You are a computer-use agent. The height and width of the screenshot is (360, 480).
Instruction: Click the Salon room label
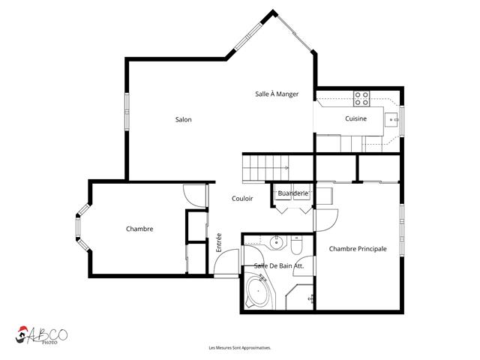pos(183,120)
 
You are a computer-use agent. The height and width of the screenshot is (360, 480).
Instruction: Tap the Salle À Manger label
pos(277,94)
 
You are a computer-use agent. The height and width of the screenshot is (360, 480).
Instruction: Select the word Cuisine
pos(355,119)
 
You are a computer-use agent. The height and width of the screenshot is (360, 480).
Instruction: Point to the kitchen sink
pos(391,118)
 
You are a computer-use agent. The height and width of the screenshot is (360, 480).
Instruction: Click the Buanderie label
pos(292,193)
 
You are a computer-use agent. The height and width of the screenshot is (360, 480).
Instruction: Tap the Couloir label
pos(242,199)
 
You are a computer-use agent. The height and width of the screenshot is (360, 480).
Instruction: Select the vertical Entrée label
pos(220,242)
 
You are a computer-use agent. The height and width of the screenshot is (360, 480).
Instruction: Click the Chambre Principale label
pos(358,249)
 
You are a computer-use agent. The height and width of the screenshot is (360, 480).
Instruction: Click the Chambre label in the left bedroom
pos(139,229)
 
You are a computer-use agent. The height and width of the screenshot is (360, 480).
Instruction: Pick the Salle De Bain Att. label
pos(278,266)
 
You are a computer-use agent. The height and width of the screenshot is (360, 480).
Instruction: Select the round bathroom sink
pos(277,241)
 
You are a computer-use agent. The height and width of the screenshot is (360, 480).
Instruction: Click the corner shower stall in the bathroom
pos(302,297)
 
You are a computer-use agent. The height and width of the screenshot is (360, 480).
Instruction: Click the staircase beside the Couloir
pos(265,166)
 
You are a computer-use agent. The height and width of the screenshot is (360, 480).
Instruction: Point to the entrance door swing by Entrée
pos(223,265)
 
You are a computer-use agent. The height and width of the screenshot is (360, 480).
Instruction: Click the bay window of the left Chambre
pos(80,230)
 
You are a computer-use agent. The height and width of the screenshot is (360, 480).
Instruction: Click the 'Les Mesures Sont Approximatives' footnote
pos(239,348)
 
